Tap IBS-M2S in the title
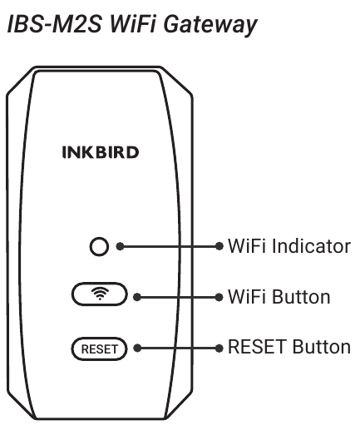pyautogui.click(x=55, y=24)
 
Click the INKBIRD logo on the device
pyautogui.click(x=101, y=152)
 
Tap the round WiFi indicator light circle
pyautogui.click(x=99, y=246)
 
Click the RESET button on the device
pyautogui.click(x=100, y=348)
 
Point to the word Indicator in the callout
pyautogui.click(x=311, y=246)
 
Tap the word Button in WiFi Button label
pyautogui.click(x=301, y=297)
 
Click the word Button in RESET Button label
pyautogui.click(x=322, y=347)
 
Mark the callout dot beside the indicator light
pyautogui.click(x=120, y=246)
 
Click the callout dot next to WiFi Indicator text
pyautogui.click(x=219, y=246)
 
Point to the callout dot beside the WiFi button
pyautogui.click(x=137, y=297)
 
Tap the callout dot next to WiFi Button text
pyautogui.click(x=219, y=297)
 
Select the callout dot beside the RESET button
pyautogui.click(x=137, y=348)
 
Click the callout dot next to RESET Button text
pyautogui.click(x=219, y=348)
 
